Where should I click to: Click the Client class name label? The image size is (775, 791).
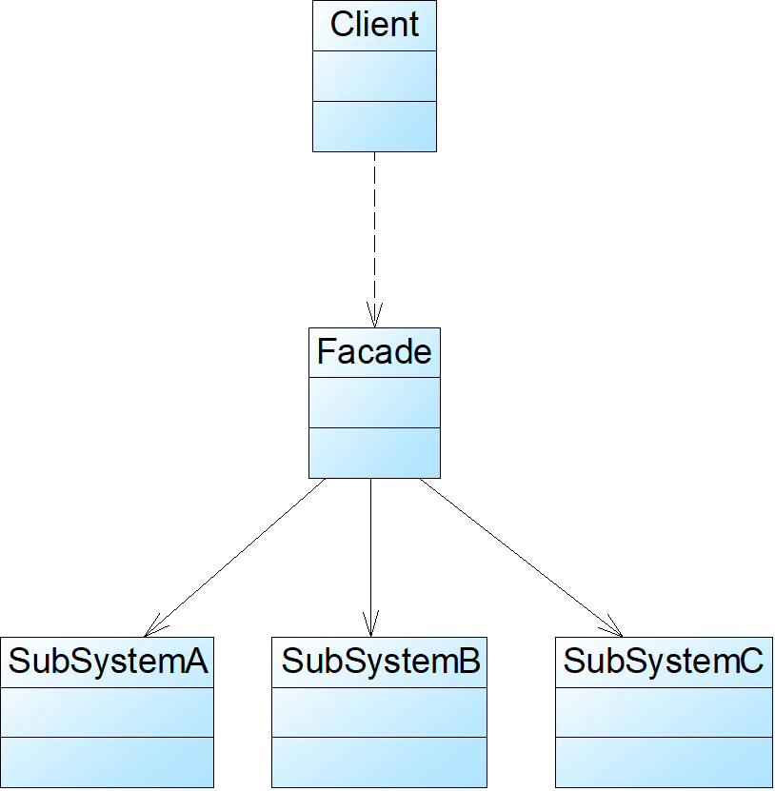(374, 25)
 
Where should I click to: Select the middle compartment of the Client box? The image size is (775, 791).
(374, 76)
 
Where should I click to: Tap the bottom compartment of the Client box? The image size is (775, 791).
(374, 126)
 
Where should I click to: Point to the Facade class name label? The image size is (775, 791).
(374, 352)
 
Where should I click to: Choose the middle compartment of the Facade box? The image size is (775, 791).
(374, 403)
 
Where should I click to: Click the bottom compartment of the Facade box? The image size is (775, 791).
(374, 452)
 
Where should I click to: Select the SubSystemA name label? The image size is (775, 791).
(108, 662)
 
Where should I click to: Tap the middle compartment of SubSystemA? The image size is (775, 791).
(107, 712)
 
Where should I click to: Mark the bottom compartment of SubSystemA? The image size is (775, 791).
(107, 761)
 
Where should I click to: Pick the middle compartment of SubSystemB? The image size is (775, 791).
(379, 712)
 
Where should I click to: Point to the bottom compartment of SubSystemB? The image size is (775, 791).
(379, 761)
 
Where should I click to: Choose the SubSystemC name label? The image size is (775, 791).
(664, 662)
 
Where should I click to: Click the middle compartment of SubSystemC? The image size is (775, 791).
(664, 712)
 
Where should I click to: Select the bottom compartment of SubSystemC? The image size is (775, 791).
(664, 761)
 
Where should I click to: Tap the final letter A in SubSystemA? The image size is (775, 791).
(196, 662)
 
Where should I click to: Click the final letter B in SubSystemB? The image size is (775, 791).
(469, 662)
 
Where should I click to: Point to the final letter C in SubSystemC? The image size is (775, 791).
(751, 662)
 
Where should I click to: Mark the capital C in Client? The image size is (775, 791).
(341, 25)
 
